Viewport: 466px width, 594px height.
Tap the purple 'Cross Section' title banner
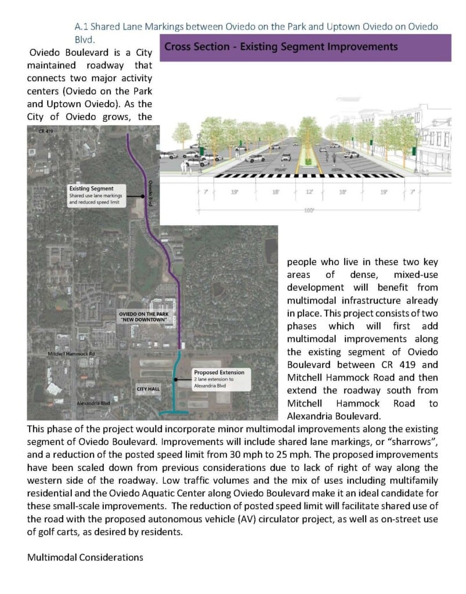tap(305, 47)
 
